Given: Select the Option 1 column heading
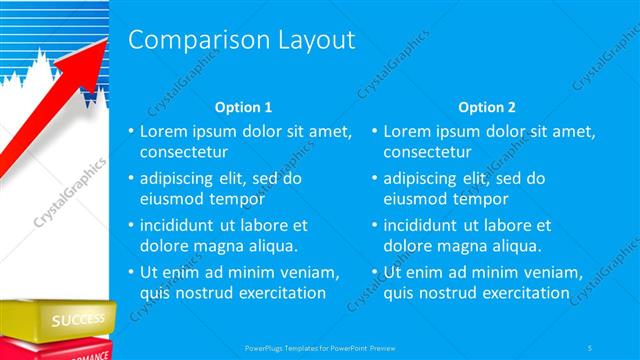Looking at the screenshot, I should [243, 107].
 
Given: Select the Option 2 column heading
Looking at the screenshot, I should [487, 107].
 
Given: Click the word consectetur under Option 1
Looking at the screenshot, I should [184, 153].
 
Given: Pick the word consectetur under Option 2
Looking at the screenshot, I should [428, 153].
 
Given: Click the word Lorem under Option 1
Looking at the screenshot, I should [162, 131].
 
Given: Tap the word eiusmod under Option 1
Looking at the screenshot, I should [171, 199].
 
